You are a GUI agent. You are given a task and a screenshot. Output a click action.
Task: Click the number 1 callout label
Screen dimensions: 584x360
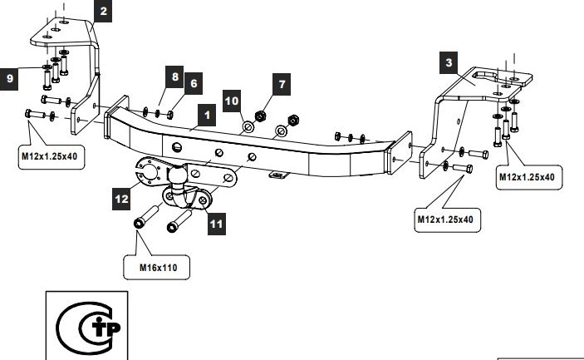207,116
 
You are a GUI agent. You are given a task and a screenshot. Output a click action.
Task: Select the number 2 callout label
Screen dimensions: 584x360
103,11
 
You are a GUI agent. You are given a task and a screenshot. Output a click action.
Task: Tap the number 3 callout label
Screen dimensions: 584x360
449,63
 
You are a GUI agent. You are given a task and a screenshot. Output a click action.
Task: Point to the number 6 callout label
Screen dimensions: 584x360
194,83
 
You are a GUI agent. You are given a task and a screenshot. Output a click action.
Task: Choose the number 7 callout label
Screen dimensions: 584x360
282,85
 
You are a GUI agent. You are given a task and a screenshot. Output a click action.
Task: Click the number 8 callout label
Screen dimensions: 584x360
174,77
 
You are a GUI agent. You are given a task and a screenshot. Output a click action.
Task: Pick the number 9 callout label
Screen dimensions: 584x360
9,79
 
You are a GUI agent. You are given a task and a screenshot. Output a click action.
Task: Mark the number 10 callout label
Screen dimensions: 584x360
232,101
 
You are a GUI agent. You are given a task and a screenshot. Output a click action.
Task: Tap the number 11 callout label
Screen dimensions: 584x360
217,224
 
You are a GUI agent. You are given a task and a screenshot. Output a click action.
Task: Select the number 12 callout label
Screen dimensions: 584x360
121,199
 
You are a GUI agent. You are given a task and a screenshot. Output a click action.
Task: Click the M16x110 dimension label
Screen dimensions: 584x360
159,268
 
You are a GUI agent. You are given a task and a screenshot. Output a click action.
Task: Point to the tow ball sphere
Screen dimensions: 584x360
177,174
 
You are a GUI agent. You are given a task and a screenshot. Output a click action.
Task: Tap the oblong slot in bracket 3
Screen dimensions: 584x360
484,76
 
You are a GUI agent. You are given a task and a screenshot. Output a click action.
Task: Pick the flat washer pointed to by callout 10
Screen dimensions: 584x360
248,127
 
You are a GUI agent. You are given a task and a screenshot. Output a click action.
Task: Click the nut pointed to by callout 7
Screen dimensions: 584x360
260,116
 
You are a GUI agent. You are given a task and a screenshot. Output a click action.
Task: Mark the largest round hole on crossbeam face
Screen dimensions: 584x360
177,147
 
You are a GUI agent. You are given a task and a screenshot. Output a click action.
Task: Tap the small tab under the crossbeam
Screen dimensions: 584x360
277,175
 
